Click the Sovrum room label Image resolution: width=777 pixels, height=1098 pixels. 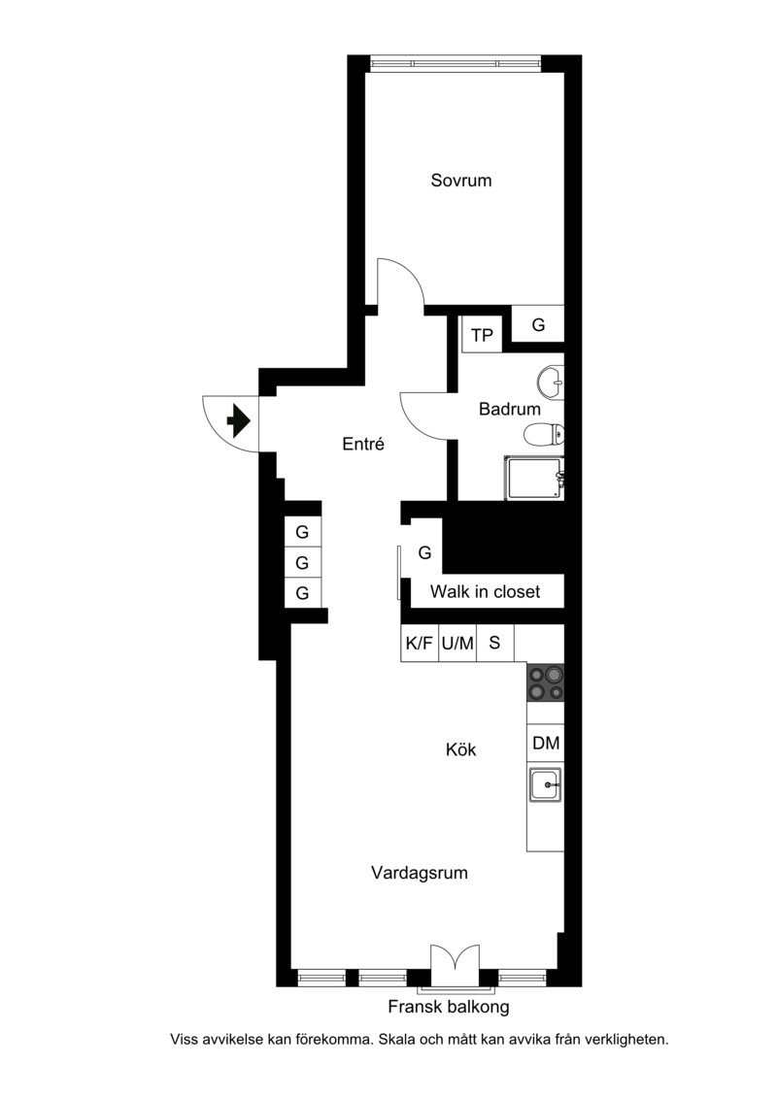click(461, 181)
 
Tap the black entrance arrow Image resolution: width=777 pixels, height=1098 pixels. click(239, 420)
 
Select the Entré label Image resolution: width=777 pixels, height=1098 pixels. click(363, 444)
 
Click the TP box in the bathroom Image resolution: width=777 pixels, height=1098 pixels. click(482, 336)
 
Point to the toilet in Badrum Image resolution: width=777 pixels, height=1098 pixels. click(544, 434)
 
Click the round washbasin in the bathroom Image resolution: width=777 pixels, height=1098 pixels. click(551, 383)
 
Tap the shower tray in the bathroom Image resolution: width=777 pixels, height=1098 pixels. click(534, 478)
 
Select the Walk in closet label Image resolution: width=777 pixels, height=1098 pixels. click(485, 591)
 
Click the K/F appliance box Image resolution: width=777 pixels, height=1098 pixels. click(420, 643)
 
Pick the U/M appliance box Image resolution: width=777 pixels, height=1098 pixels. click(457, 643)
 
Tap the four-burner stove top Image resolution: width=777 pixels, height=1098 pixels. click(546, 682)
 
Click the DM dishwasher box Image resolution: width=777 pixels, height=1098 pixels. click(546, 743)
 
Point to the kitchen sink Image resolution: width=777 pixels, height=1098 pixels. click(545, 785)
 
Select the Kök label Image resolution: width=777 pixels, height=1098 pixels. click(461, 750)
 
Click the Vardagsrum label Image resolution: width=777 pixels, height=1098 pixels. click(419, 873)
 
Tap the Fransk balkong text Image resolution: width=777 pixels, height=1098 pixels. click(449, 1007)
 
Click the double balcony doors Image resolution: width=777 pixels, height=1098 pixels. click(456, 964)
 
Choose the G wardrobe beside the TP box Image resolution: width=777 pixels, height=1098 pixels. click(538, 324)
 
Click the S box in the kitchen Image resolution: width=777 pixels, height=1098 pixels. click(495, 643)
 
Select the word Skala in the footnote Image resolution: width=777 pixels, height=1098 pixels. click(396, 1040)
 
